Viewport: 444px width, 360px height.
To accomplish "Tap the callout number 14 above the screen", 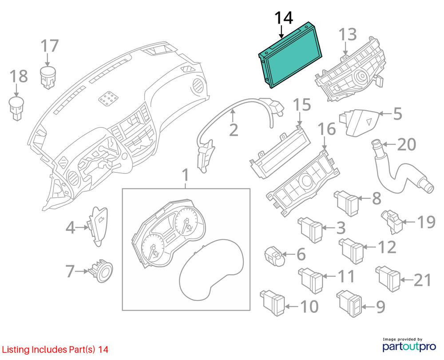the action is pyautogui.click(x=283, y=18).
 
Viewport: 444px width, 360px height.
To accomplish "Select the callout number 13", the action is pyautogui.click(x=348, y=35).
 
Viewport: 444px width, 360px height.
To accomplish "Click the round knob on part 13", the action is pyautogui.click(x=362, y=76).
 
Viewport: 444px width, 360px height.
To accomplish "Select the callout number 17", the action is pyautogui.click(x=50, y=46).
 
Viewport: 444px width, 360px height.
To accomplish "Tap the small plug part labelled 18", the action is pyautogui.click(x=16, y=109).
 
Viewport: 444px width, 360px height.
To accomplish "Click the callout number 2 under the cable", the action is pyautogui.click(x=234, y=131).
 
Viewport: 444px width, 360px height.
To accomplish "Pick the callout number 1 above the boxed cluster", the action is pyautogui.click(x=185, y=175).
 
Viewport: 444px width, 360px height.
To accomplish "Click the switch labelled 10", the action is pyautogui.click(x=273, y=303).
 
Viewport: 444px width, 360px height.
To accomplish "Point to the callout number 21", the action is pyautogui.click(x=423, y=280).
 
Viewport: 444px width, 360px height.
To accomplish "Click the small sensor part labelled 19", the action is pyautogui.click(x=392, y=222).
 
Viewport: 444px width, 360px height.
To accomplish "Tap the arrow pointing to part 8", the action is pyautogui.click(x=365, y=198).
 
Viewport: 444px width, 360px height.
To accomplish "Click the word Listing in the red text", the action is pyautogui.click(x=16, y=350).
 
